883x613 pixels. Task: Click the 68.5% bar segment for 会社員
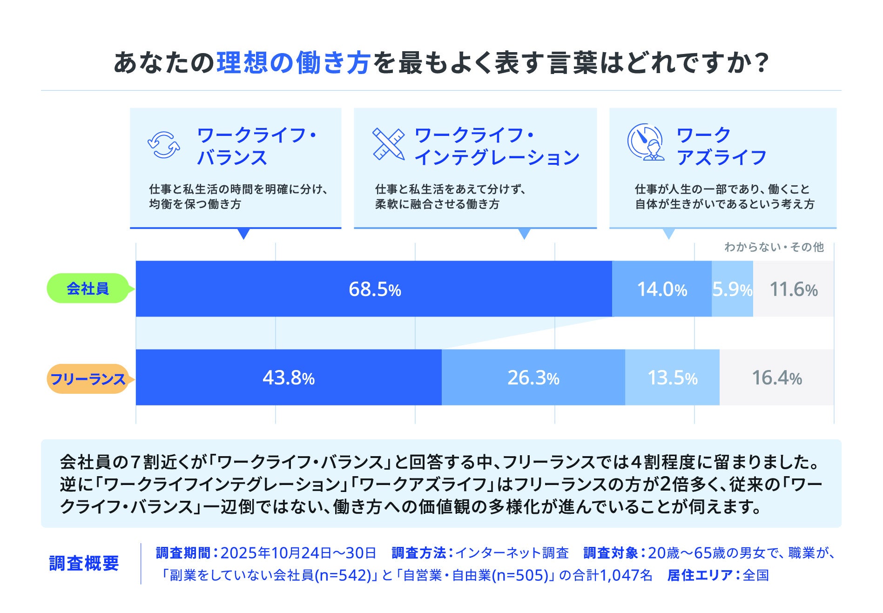pos(374,289)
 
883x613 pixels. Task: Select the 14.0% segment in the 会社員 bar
pos(661,289)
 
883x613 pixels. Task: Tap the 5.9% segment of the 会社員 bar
pos(732,289)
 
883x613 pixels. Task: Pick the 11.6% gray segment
pos(793,289)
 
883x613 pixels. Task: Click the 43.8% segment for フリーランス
pos(289,377)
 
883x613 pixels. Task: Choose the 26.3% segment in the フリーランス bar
pos(533,377)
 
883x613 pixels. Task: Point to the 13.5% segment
pos(672,377)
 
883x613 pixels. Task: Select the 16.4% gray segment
pos(776,377)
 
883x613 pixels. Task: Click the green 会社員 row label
pos(88,289)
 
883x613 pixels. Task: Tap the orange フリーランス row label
pos(88,379)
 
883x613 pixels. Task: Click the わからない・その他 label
pos(774,247)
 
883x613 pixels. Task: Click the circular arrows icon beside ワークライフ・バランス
pos(163,145)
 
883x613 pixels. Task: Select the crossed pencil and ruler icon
pos(388,145)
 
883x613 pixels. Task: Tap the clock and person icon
pos(645,142)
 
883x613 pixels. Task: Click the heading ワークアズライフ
pos(721,146)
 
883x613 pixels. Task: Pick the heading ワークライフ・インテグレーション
pos(496,146)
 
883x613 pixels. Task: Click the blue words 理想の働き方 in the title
pos(293,63)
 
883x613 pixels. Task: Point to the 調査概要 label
pos(84,563)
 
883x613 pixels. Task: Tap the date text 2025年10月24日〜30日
pos(298,553)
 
